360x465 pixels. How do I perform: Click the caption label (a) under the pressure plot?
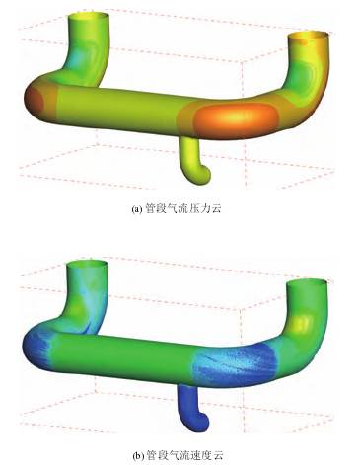tap(137, 209)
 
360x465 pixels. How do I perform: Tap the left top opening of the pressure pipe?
tap(88, 15)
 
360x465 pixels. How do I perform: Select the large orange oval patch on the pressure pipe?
tap(237, 117)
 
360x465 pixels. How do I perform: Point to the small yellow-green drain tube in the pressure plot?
tap(194, 160)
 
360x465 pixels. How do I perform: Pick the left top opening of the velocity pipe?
tap(87, 264)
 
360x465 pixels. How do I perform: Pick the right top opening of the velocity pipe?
tap(307, 283)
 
